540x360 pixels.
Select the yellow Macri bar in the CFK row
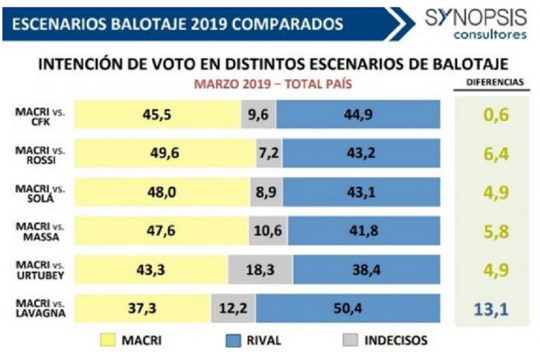coord(157,115)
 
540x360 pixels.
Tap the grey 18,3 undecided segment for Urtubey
coord(260,271)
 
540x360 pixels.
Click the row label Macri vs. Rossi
coord(41,154)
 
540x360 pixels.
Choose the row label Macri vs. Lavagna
coord(41,310)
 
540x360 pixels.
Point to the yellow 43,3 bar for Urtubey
coord(151,271)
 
